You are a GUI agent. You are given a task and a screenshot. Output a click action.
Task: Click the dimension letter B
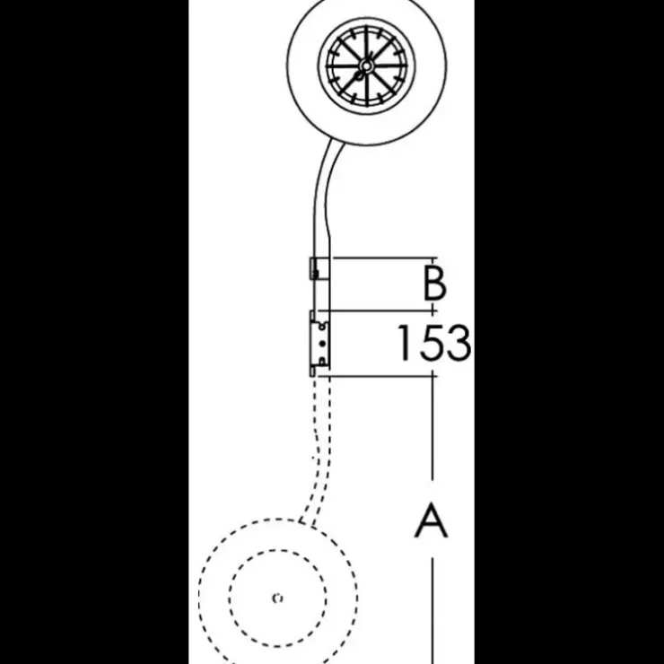click(x=434, y=283)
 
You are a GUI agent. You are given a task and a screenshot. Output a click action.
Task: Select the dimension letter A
click(x=431, y=520)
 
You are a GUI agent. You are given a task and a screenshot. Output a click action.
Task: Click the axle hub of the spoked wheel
click(x=365, y=66)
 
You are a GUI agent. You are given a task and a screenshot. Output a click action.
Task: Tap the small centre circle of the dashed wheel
click(x=278, y=598)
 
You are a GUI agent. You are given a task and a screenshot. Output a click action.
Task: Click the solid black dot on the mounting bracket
click(x=323, y=344)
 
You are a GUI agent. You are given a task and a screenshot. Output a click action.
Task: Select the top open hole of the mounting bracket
click(x=323, y=327)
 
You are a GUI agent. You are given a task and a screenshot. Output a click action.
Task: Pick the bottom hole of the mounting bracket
click(x=323, y=361)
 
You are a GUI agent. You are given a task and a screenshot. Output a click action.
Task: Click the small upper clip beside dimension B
click(x=314, y=268)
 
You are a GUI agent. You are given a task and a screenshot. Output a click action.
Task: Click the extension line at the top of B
click(x=385, y=258)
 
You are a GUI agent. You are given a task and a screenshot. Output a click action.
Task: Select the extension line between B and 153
click(x=377, y=310)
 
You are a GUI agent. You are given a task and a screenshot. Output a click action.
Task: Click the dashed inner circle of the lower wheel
click(x=230, y=598)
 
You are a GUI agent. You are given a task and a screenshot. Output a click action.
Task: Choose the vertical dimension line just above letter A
click(x=432, y=428)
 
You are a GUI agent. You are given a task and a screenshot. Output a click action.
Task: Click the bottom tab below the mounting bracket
click(x=312, y=371)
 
